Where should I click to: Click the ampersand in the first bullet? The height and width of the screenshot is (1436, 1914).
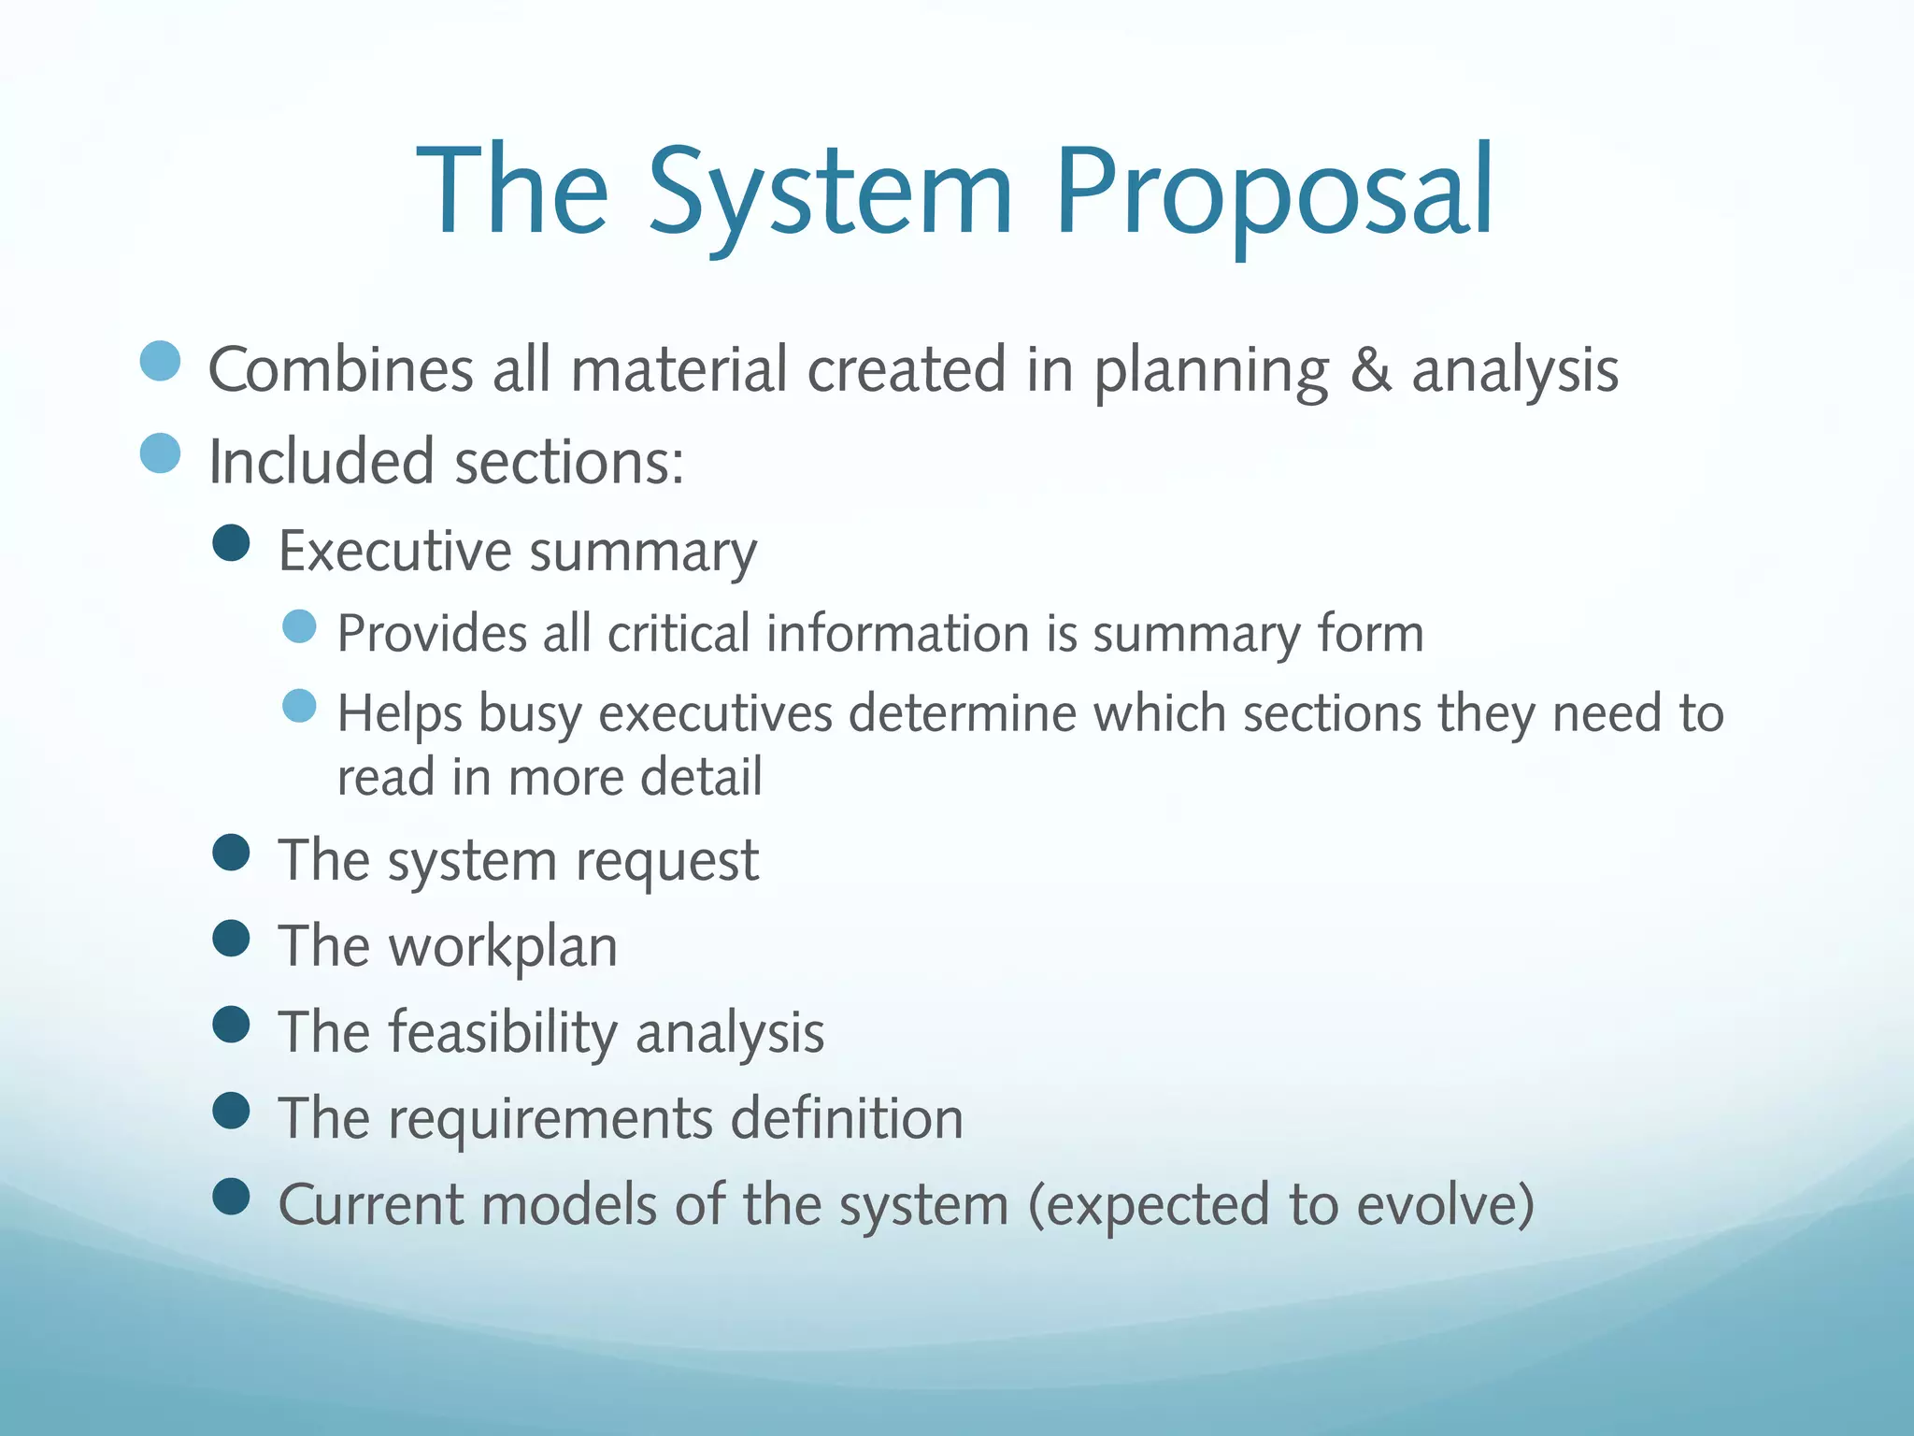pos(1370,369)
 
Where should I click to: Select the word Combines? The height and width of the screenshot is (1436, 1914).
pos(340,369)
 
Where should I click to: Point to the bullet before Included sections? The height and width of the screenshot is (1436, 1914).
pos(160,453)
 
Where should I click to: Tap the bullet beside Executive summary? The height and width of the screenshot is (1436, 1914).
pos(231,542)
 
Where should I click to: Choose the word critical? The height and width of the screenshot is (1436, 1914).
pos(678,634)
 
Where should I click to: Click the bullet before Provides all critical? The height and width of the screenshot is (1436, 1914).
pos(299,626)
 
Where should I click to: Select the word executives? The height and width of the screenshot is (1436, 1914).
pos(715,714)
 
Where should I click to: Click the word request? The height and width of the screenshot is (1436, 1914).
pos(666,861)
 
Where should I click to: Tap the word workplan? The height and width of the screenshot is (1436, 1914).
pos(503,947)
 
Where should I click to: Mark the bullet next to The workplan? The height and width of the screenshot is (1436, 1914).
pos(231,938)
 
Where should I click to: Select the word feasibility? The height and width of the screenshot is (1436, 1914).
pos(503,1033)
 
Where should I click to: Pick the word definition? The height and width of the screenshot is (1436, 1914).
pos(847,1119)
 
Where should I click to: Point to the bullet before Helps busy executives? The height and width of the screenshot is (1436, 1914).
pos(299,706)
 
